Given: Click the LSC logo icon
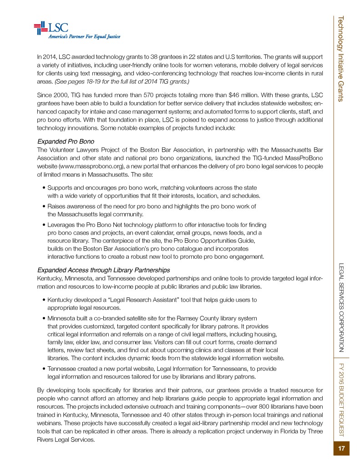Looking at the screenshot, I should click(x=41, y=28).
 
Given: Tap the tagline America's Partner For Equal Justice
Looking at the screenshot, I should click(x=85, y=37).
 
